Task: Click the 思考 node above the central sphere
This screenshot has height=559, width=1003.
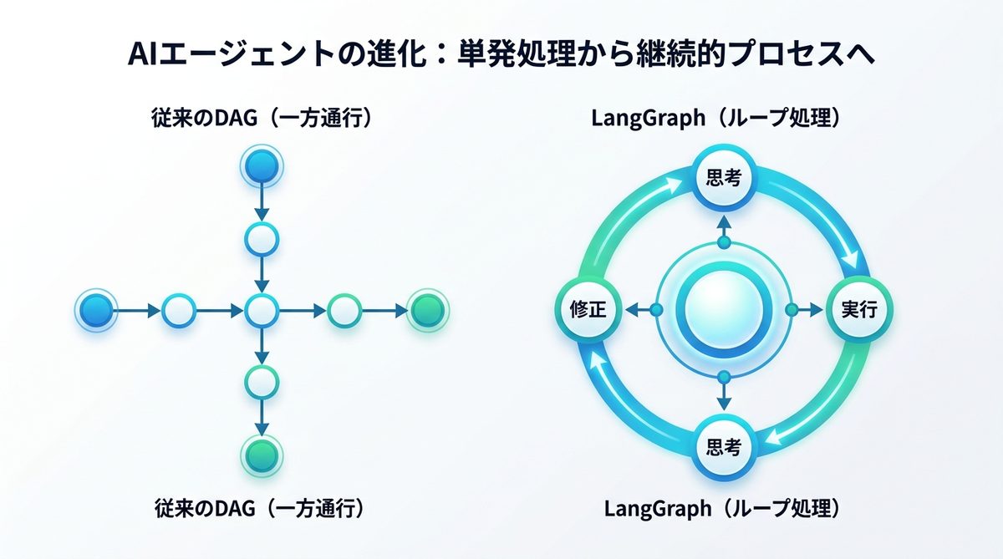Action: [x=724, y=177]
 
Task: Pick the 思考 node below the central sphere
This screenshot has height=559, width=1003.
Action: [x=724, y=446]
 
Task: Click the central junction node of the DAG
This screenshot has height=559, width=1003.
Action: [x=262, y=312]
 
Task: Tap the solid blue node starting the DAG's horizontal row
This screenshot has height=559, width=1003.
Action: [x=94, y=312]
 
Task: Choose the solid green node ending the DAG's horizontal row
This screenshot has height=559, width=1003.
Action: [x=428, y=312]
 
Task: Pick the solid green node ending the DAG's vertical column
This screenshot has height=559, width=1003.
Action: [x=262, y=455]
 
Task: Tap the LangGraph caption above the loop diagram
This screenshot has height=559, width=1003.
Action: [x=723, y=119]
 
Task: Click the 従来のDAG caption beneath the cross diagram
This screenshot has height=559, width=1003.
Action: [x=262, y=507]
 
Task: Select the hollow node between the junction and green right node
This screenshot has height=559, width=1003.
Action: [x=344, y=312]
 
